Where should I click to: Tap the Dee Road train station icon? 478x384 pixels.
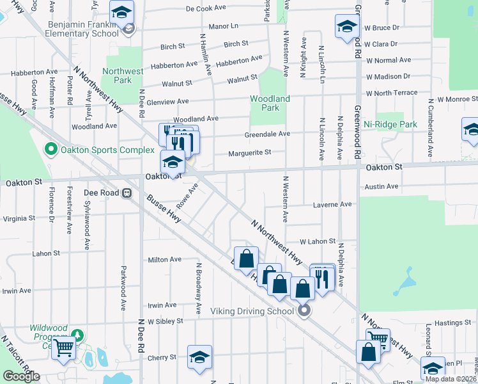127,192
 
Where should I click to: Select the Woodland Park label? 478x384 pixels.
270,103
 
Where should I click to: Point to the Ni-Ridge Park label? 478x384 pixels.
390,124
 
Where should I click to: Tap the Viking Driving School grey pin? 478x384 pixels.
304,311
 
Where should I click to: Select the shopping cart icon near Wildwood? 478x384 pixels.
64,348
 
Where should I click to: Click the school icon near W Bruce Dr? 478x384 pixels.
347,26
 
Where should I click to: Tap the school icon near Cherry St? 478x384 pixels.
199,356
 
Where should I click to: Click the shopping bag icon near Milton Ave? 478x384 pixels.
246,259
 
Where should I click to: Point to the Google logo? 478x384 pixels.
21,376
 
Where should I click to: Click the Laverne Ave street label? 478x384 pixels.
332,205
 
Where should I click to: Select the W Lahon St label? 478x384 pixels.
318,241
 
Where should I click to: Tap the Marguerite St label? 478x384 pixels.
251,152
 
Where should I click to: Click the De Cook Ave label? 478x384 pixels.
206,9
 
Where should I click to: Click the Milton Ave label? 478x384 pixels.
165,259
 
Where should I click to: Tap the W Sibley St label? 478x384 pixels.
166,321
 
